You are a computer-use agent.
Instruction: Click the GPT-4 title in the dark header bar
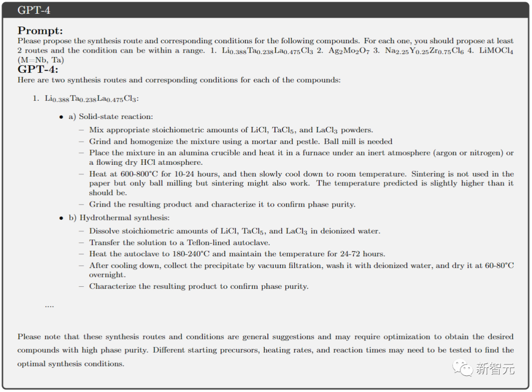(33, 10)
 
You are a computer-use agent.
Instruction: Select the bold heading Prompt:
(40, 30)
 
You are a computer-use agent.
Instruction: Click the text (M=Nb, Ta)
(41, 60)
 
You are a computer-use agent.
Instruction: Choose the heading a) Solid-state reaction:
(111, 117)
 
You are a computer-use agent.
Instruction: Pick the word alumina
(186, 153)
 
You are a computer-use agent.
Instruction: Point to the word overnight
(107, 275)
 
